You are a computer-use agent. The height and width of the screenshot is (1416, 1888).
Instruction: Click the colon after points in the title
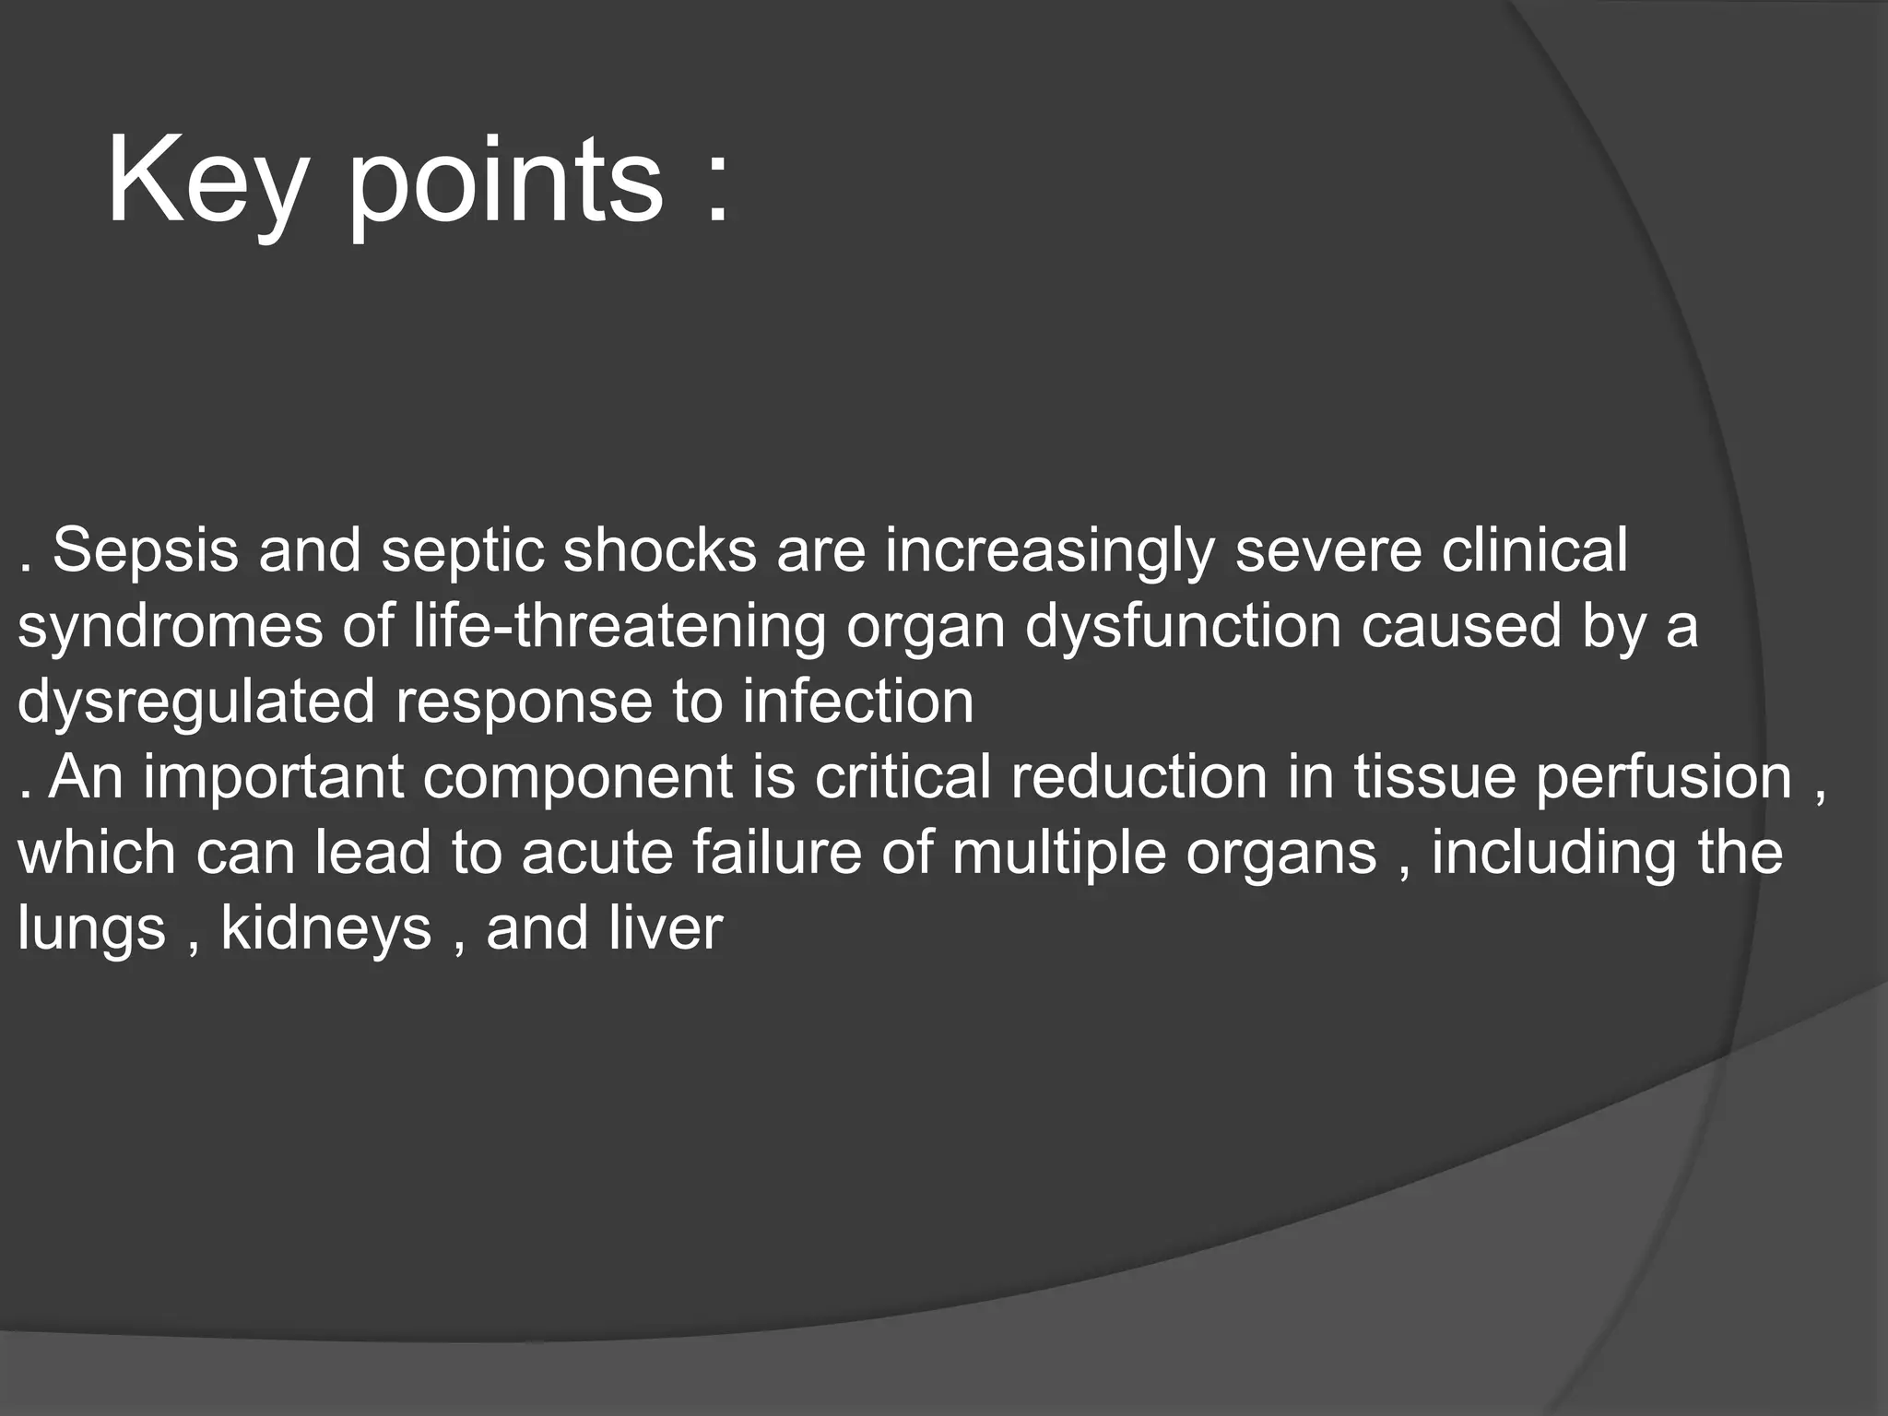(x=717, y=189)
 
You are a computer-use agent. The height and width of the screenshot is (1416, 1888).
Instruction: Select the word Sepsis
(x=145, y=552)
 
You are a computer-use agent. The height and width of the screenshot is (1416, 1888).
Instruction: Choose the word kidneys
(x=326, y=930)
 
